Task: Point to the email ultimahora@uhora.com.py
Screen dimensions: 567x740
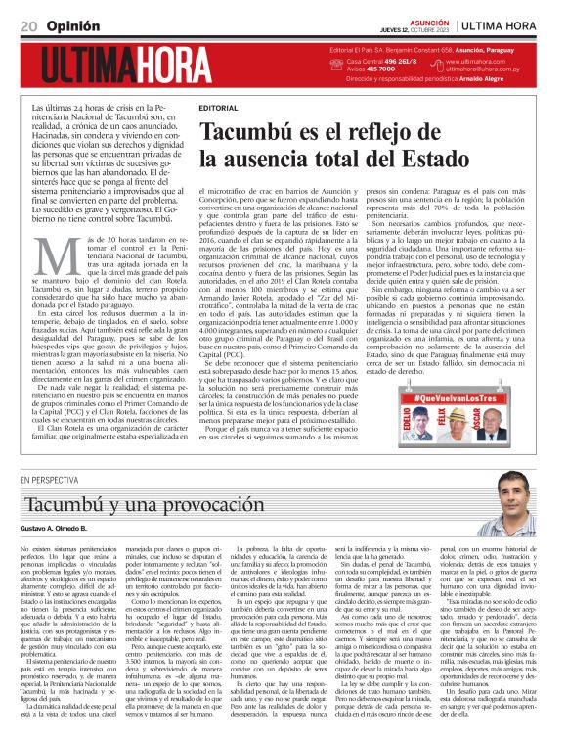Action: pos(494,70)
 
